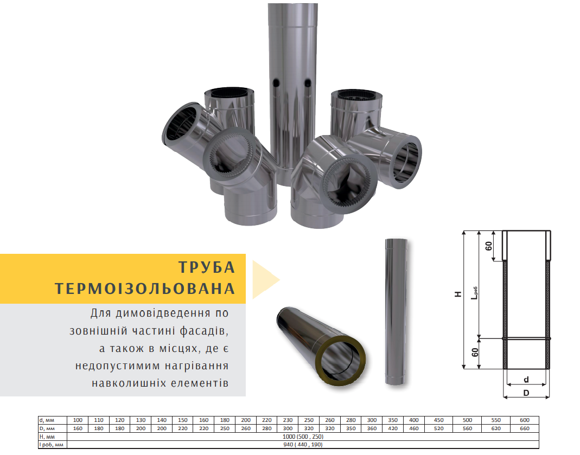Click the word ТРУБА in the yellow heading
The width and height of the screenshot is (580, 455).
click(207, 267)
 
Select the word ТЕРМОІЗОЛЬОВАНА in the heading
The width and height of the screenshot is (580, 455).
click(145, 289)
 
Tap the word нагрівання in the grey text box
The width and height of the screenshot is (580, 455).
click(196, 366)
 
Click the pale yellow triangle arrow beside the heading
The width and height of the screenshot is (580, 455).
click(264, 279)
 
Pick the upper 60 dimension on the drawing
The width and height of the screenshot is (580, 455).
click(489, 246)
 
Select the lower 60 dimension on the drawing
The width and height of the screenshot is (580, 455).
click(475, 353)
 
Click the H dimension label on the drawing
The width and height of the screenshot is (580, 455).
click(458, 294)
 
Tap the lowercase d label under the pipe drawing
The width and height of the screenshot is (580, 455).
click(526, 380)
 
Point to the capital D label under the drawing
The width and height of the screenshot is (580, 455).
click(526, 393)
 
